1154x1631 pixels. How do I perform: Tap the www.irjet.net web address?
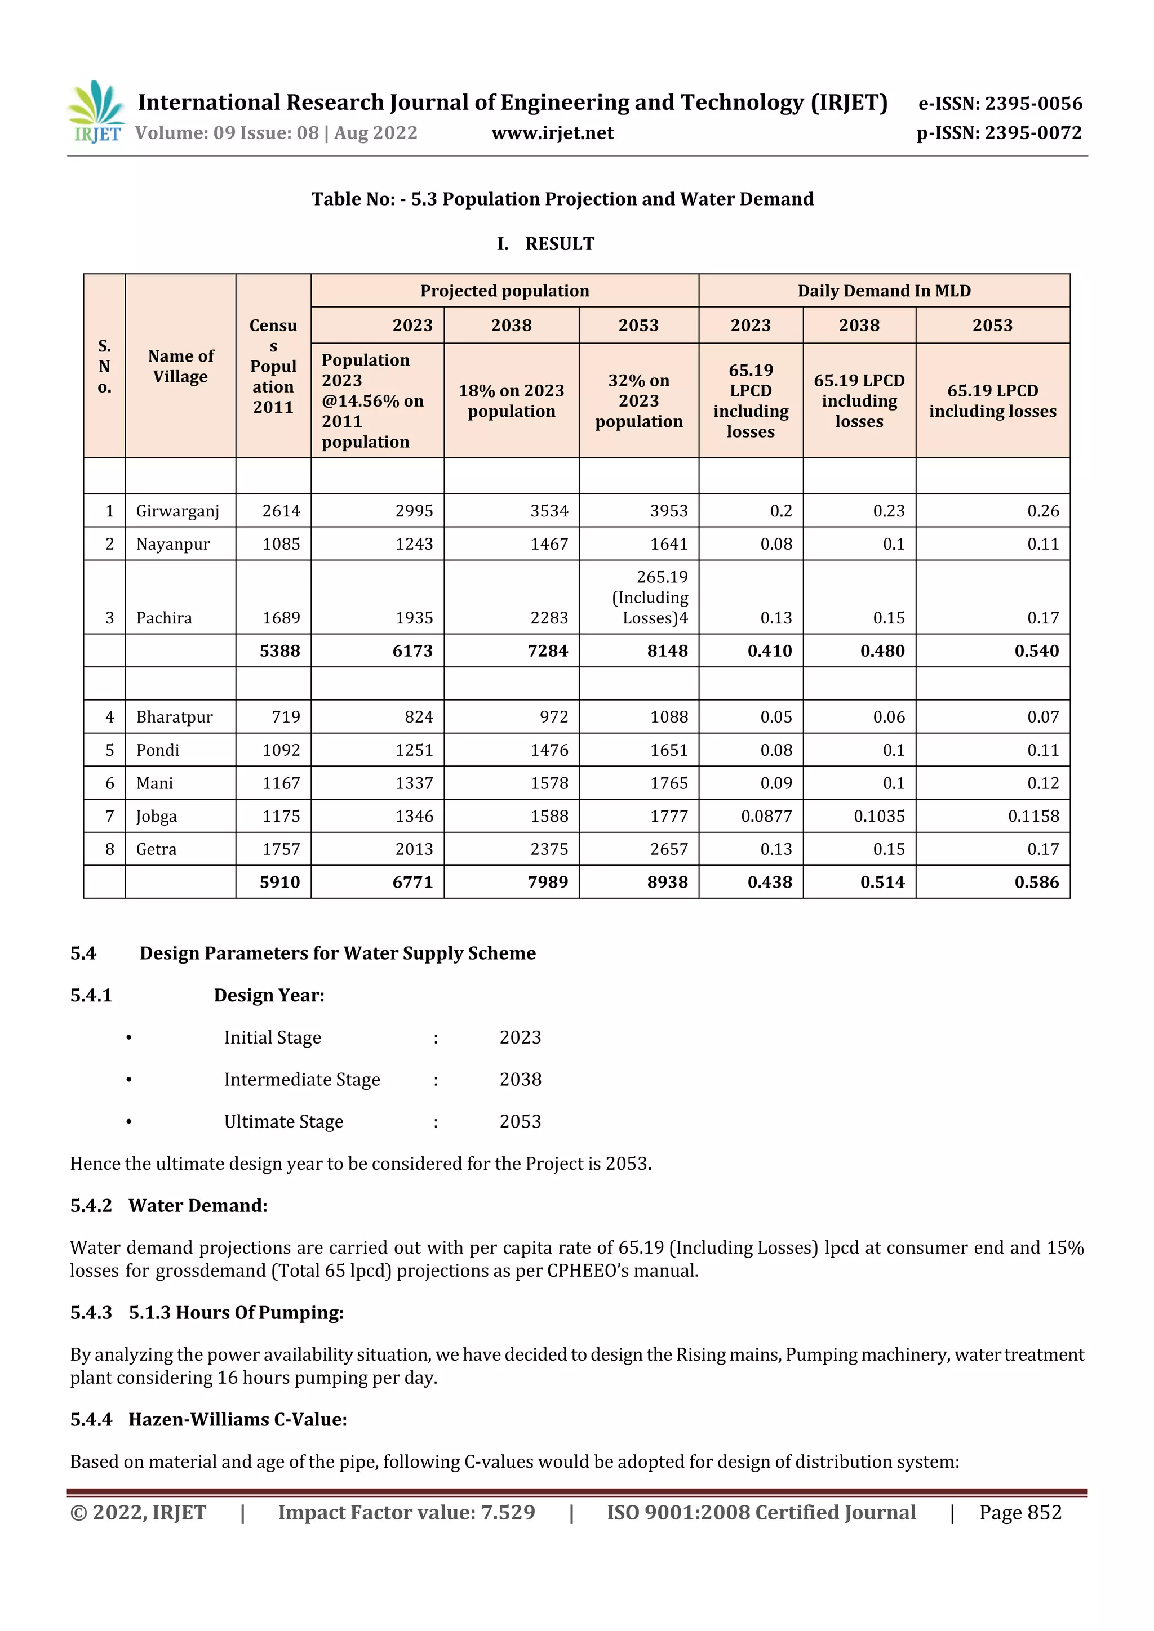point(552,133)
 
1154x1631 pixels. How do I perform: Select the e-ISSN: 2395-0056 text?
point(1000,104)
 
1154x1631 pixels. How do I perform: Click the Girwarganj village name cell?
point(177,511)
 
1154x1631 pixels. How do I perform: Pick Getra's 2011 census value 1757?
point(281,849)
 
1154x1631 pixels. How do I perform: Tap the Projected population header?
point(504,291)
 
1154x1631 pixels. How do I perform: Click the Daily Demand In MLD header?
point(884,291)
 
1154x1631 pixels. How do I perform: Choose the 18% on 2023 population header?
point(511,400)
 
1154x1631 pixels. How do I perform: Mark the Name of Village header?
point(180,366)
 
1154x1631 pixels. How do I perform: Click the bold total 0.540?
point(1036,650)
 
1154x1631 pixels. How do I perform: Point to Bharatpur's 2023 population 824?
point(419,717)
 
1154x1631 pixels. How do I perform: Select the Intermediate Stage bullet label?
point(302,1079)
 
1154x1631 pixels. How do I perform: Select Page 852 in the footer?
point(1020,1512)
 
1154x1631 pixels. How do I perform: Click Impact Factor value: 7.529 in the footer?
point(406,1512)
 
